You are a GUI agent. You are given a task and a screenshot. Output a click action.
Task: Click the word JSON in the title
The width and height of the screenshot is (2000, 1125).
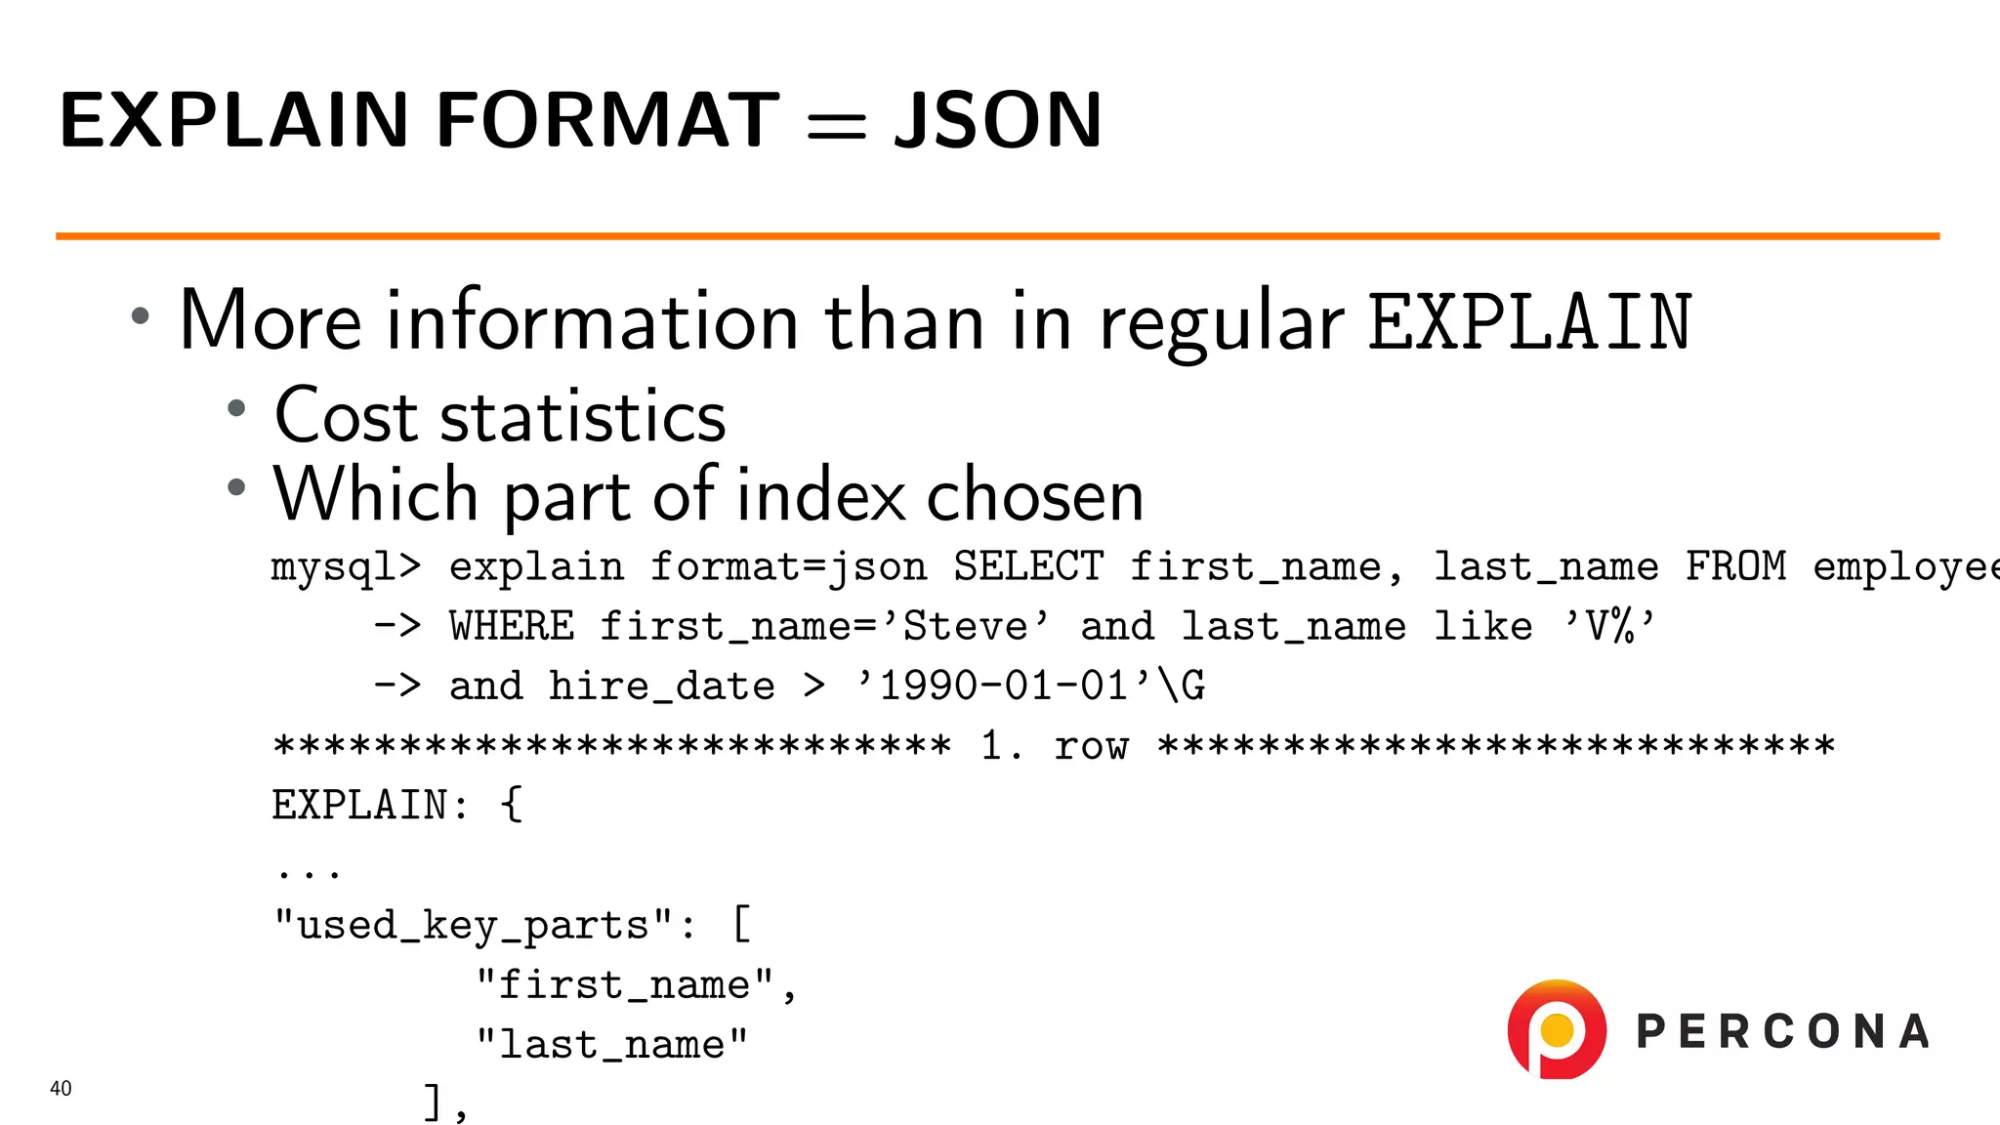(x=998, y=120)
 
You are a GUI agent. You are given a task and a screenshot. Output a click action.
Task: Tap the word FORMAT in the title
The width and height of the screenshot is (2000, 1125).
(x=607, y=120)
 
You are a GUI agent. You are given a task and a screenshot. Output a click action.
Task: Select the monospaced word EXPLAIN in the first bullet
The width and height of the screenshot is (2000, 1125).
(x=1529, y=322)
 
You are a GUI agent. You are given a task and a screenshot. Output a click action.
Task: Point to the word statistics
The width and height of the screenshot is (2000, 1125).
(x=583, y=416)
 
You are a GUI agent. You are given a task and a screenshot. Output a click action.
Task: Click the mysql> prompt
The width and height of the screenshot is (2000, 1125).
(x=346, y=567)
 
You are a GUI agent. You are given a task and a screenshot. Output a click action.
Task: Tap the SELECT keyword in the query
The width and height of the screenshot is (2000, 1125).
(x=1027, y=567)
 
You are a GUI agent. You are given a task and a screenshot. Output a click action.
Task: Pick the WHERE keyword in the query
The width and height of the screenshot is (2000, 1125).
(x=512, y=627)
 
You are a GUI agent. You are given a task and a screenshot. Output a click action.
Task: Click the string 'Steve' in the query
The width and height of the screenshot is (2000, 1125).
(x=965, y=627)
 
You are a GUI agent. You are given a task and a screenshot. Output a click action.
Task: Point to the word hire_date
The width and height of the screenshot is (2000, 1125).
(x=661, y=687)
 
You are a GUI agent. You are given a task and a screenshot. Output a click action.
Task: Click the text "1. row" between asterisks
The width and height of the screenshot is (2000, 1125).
(x=1055, y=747)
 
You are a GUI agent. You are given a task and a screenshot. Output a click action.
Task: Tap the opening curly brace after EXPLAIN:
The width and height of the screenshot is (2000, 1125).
(x=512, y=806)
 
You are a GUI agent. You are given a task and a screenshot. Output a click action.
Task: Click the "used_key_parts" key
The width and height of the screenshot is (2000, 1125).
(x=473, y=925)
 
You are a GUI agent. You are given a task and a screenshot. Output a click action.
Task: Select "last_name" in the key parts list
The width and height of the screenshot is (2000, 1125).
(x=611, y=1045)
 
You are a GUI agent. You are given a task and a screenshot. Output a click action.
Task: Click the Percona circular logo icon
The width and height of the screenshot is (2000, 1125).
(x=1557, y=1029)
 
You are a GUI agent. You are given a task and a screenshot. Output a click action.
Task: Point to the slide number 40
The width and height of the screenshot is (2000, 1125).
(x=61, y=1088)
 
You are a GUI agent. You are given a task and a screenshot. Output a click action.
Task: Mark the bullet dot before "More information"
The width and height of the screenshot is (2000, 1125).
(x=141, y=315)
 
